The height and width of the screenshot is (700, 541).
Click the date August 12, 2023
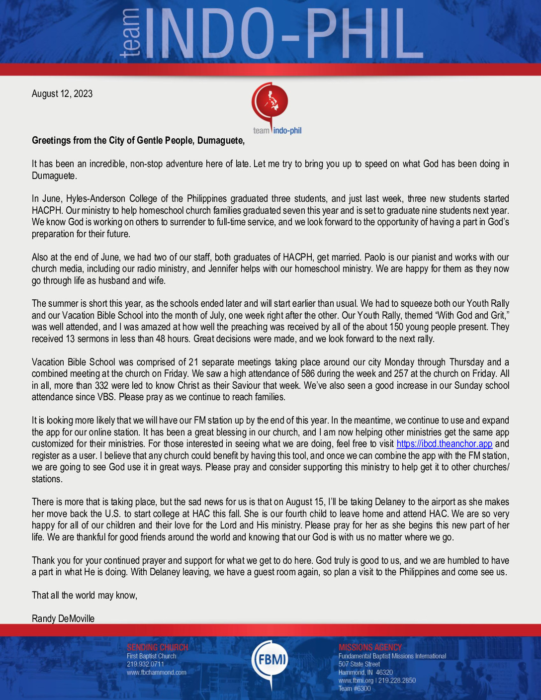pos(62,94)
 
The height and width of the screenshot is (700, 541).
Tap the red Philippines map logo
pos(270,101)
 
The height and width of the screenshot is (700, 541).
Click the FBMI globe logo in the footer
pos(270,660)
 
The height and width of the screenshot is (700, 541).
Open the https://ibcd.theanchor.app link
pos(444,444)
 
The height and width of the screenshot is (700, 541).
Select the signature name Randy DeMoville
pos(63,618)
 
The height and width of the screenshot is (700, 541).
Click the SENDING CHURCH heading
pos(157,647)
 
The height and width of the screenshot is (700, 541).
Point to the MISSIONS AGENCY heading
pos(370,647)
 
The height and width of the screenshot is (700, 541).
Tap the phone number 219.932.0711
pos(145,664)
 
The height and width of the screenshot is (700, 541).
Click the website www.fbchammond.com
pos(157,673)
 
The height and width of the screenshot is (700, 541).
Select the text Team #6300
pos(355,689)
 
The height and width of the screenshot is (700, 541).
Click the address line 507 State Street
pos(359,664)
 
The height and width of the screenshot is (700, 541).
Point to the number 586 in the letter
pos(308,374)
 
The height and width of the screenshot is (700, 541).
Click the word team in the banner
pos(130,33)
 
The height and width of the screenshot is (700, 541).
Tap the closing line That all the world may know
pos(85,595)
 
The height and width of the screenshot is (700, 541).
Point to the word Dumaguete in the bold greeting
pos(220,141)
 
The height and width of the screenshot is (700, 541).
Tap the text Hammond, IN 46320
pos(365,672)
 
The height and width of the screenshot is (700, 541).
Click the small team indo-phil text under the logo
pos(277,131)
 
